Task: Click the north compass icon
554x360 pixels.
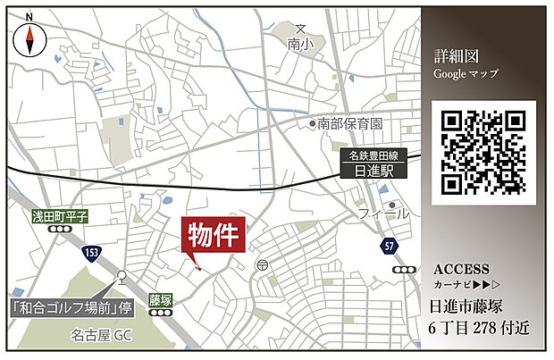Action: pos(30,38)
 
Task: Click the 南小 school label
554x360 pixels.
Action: pos(301,43)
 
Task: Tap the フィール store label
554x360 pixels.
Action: pos(385,214)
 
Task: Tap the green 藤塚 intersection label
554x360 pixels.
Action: pos(160,300)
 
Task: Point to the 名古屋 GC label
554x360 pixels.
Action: pos(101,337)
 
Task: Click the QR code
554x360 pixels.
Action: pos(483,151)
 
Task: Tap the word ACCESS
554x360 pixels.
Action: pos(461,269)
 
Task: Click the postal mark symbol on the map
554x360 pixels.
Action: pos(260,265)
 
